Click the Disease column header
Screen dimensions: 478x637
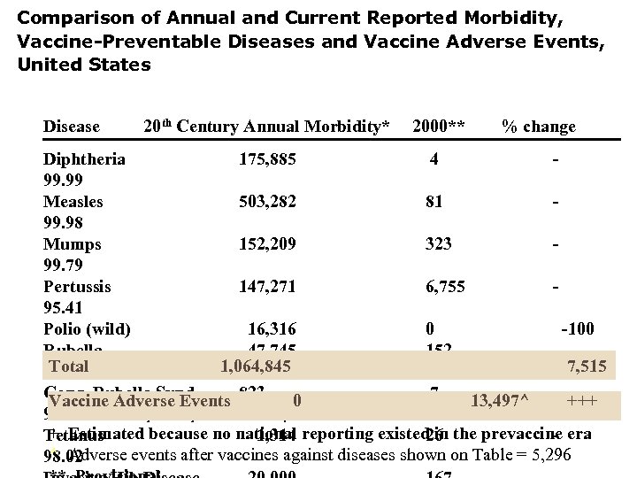[x=72, y=127]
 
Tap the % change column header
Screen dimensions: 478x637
[x=538, y=127]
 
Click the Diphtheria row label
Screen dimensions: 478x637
[x=84, y=159]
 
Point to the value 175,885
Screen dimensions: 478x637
[x=267, y=159]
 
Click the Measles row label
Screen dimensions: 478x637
[x=73, y=202]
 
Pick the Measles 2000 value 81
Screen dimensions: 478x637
[x=434, y=202]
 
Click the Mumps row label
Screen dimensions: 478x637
[x=73, y=244]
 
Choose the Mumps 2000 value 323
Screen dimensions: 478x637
[x=437, y=244]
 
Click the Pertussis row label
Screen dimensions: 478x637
[x=78, y=286]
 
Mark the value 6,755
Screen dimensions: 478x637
[x=445, y=286]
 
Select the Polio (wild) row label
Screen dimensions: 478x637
[x=88, y=328]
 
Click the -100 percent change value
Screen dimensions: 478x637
[x=578, y=328]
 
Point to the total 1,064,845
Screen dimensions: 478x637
[x=256, y=366]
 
